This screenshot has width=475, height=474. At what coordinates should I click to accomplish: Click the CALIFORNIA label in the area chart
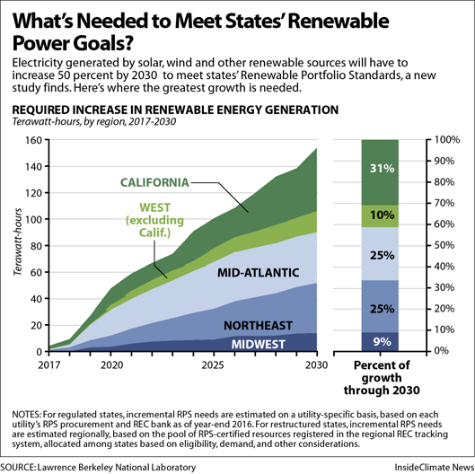point(154,182)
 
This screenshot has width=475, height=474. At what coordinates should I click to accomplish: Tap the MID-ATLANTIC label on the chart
point(258,273)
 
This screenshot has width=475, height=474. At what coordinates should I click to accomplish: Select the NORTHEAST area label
point(258,325)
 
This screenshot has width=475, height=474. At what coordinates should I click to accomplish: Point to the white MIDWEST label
point(258,344)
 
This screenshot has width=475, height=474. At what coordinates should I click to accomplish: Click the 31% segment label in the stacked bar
point(382,168)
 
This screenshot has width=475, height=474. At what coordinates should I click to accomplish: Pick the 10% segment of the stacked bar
point(380,216)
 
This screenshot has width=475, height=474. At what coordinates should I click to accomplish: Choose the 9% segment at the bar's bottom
point(380,342)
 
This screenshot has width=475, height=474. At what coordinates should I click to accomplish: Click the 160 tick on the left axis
point(33,140)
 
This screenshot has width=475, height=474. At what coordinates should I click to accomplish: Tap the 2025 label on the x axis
point(213,365)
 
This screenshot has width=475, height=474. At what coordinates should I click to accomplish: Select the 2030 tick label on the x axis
point(317,365)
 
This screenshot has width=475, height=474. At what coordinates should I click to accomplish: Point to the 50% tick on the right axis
point(444,245)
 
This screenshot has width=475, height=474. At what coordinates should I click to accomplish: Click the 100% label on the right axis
point(447,140)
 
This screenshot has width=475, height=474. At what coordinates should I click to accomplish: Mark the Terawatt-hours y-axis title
point(18,242)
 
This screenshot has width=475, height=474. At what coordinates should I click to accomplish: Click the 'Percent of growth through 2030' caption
point(382,378)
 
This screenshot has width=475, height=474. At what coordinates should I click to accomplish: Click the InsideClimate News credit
point(435,467)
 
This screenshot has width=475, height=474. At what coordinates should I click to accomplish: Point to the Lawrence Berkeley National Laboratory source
point(117,468)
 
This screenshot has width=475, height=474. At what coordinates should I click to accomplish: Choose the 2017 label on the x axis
point(49,365)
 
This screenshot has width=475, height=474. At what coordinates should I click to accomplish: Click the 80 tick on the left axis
point(36,246)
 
